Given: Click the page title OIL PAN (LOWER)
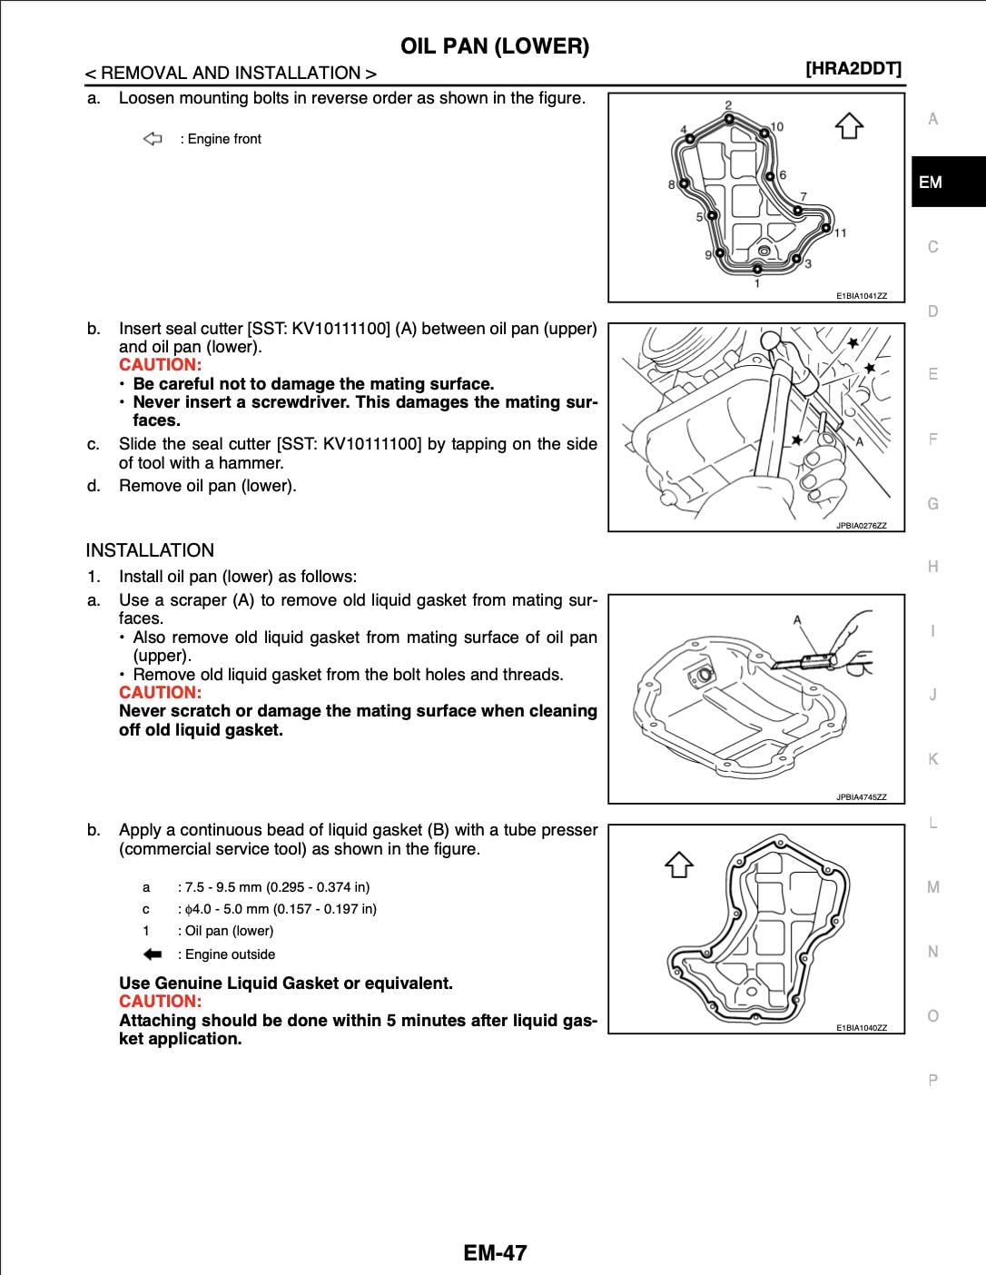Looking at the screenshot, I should [495, 46].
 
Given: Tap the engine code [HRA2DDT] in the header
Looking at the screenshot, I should [853, 69].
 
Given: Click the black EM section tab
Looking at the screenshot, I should [947, 183].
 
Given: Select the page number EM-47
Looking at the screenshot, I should [494, 1253].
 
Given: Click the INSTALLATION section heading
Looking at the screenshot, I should [150, 550].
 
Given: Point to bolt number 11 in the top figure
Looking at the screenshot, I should [840, 233].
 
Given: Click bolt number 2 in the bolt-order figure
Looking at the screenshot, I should [728, 106].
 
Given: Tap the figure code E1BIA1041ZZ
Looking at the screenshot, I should [861, 296].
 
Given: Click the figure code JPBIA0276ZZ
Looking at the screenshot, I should [861, 525].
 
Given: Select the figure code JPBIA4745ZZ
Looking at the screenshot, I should [861, 797].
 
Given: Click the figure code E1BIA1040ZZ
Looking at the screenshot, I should [861, 1028].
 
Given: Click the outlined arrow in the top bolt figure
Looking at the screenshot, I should [849, 125].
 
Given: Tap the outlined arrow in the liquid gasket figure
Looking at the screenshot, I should [679, 865].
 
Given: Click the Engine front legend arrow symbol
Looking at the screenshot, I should [153, 139].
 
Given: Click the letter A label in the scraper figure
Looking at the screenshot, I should [797, 620].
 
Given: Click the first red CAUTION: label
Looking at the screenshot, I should [160, 365].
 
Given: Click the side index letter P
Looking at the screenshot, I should [932, 1081].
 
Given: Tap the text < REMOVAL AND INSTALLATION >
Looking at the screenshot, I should [231, 74].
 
